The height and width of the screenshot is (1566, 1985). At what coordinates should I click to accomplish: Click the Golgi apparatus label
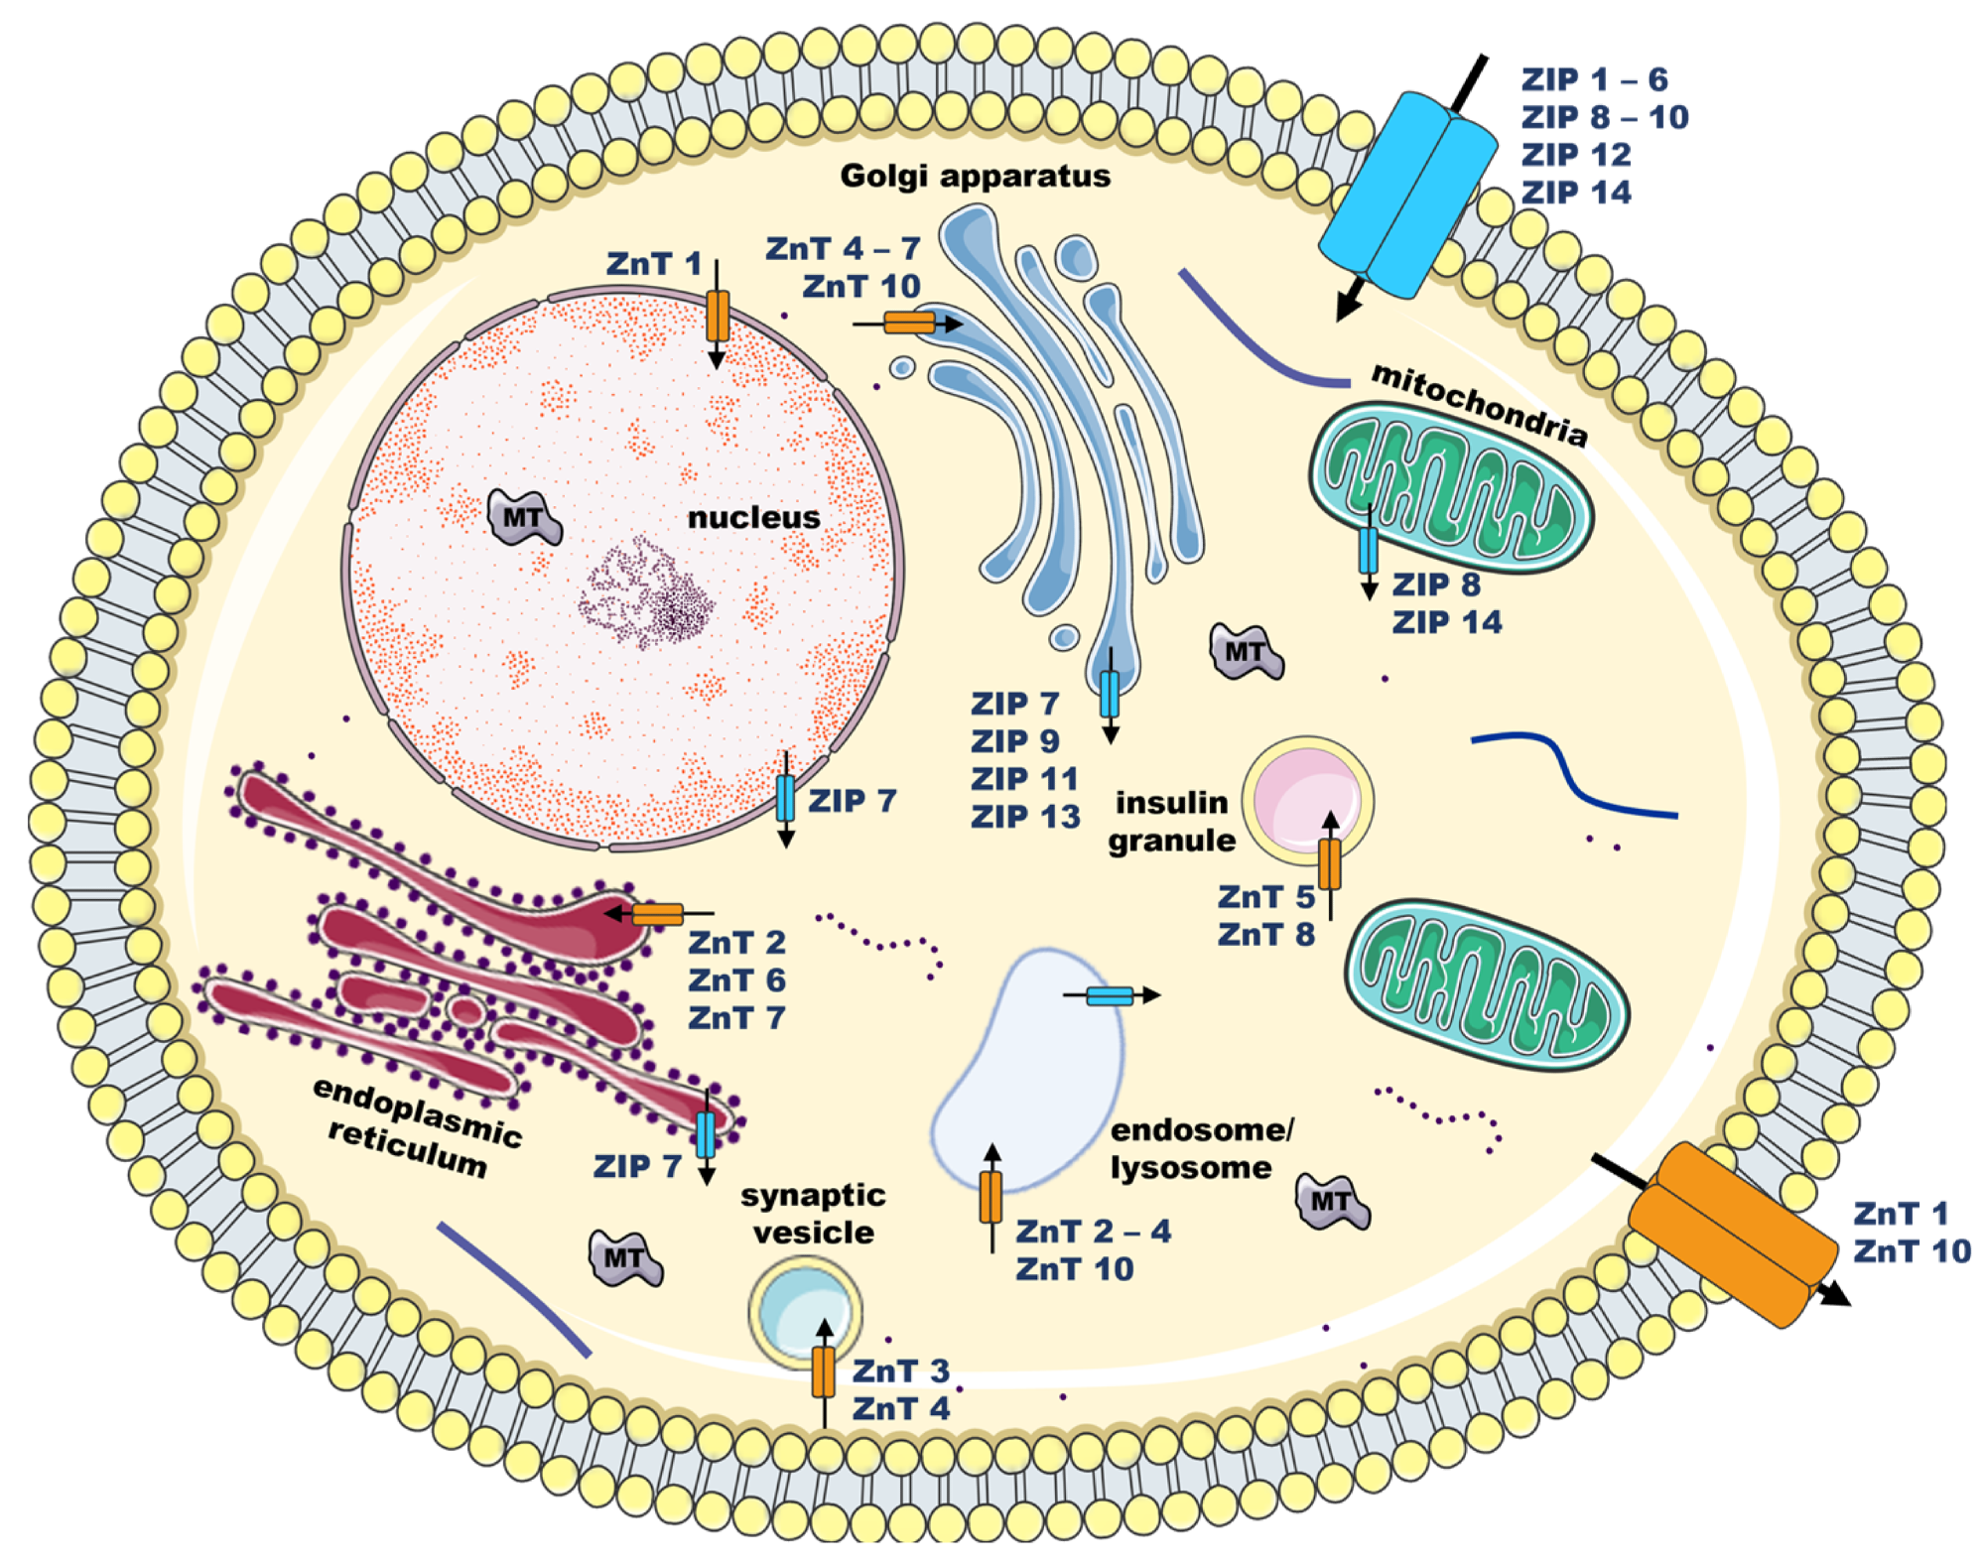coord(975,176)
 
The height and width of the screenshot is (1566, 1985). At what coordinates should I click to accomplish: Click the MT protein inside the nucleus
coord(523,517)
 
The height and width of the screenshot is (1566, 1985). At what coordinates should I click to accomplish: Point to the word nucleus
coord(753,517)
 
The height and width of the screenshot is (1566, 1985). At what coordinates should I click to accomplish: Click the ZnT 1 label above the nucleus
coord(653,264)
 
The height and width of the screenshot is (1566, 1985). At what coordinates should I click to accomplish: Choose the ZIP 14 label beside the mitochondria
coord(1446,622)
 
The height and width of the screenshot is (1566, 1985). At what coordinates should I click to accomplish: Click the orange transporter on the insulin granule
coord(1330,863)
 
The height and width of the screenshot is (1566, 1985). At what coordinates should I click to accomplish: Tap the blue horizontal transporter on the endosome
coord(1109,995)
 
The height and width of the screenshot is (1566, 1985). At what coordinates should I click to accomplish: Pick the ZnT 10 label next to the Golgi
coord(860,287)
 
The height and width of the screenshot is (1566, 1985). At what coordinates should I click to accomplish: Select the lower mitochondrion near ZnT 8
coord(1486,984)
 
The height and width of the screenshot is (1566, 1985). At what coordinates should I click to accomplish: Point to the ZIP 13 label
coord(1024,817)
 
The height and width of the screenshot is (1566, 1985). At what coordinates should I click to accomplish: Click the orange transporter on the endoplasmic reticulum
coord(657,914)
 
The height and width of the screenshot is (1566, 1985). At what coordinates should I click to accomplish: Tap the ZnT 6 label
coord(736,980)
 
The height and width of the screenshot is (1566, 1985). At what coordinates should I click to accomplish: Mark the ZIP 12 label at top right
coord(1575,155)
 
